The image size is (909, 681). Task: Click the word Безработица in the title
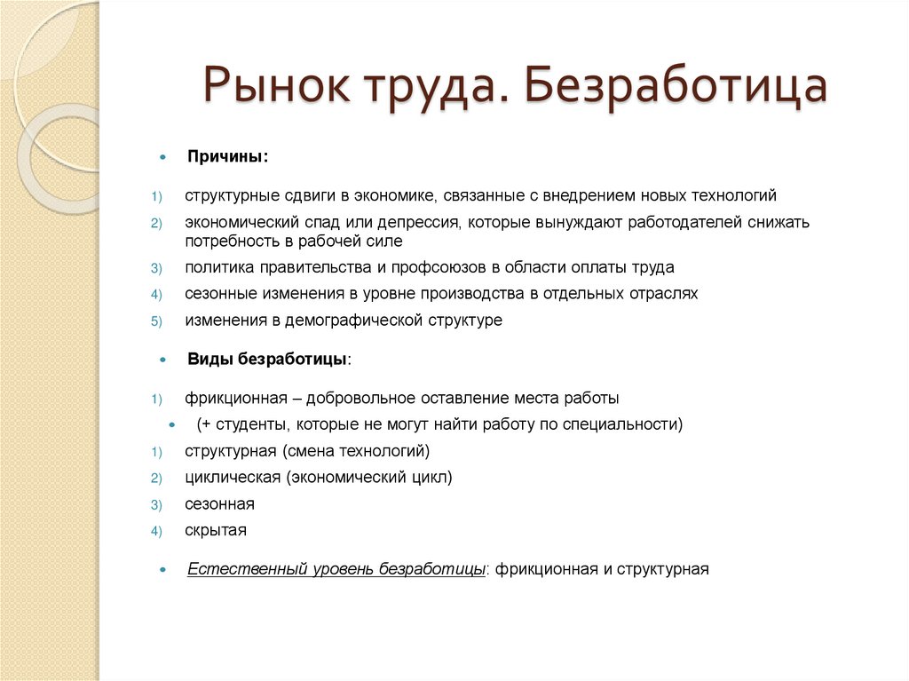[x=676, y=87]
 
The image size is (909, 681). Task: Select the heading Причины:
[x=227, y=156]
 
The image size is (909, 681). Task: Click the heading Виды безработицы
[x=268, y=360]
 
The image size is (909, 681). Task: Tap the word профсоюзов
[x=417, y=267]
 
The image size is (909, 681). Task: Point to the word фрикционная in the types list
[x=235, y=398]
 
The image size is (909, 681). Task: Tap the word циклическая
[x=233, y=478]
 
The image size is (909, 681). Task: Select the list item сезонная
[x=219, y=504]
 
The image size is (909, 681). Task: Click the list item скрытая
[x=216, y=531]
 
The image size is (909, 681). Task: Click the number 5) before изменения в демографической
[x=155, y=321]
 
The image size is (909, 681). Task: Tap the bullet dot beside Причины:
[x=162, y=157]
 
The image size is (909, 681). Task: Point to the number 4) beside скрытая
[x=155, y=532]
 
